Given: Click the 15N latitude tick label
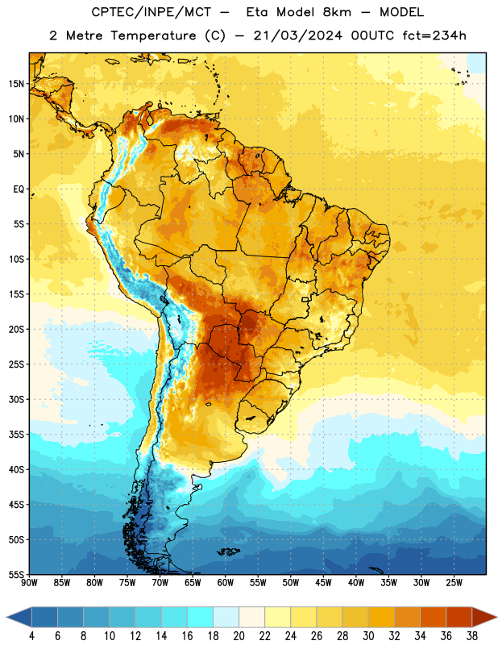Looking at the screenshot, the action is pos(16,84).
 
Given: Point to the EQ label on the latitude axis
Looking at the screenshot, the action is pos(19,189).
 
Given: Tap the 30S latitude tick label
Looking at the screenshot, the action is pos(16,399).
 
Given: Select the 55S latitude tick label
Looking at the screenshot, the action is pos(16,575).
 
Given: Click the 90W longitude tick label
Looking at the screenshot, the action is pos(29,583).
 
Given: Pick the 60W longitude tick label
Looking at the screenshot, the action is pos(226,583).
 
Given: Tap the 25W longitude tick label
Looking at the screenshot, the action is pos(454,583).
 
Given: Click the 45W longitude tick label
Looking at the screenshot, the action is pos(323,583).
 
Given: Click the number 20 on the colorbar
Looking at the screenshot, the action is pos(239,636).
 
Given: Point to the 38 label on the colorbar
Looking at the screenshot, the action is pos(472,636).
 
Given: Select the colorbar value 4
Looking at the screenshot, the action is pos(31,636).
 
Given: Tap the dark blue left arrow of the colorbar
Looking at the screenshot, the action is pos(19,617).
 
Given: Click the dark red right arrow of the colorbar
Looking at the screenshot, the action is pos(485,617).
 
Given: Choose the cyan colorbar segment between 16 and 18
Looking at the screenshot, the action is pos(200,617).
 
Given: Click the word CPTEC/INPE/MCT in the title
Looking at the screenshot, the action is pos(151,12).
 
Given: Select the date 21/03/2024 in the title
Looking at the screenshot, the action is pos(297,35).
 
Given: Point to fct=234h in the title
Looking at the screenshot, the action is pos(434,35).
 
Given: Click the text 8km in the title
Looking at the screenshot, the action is pos(337,12).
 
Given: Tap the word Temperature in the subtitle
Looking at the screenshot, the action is pos(153,35).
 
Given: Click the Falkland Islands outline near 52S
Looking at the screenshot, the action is pos(228,551).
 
